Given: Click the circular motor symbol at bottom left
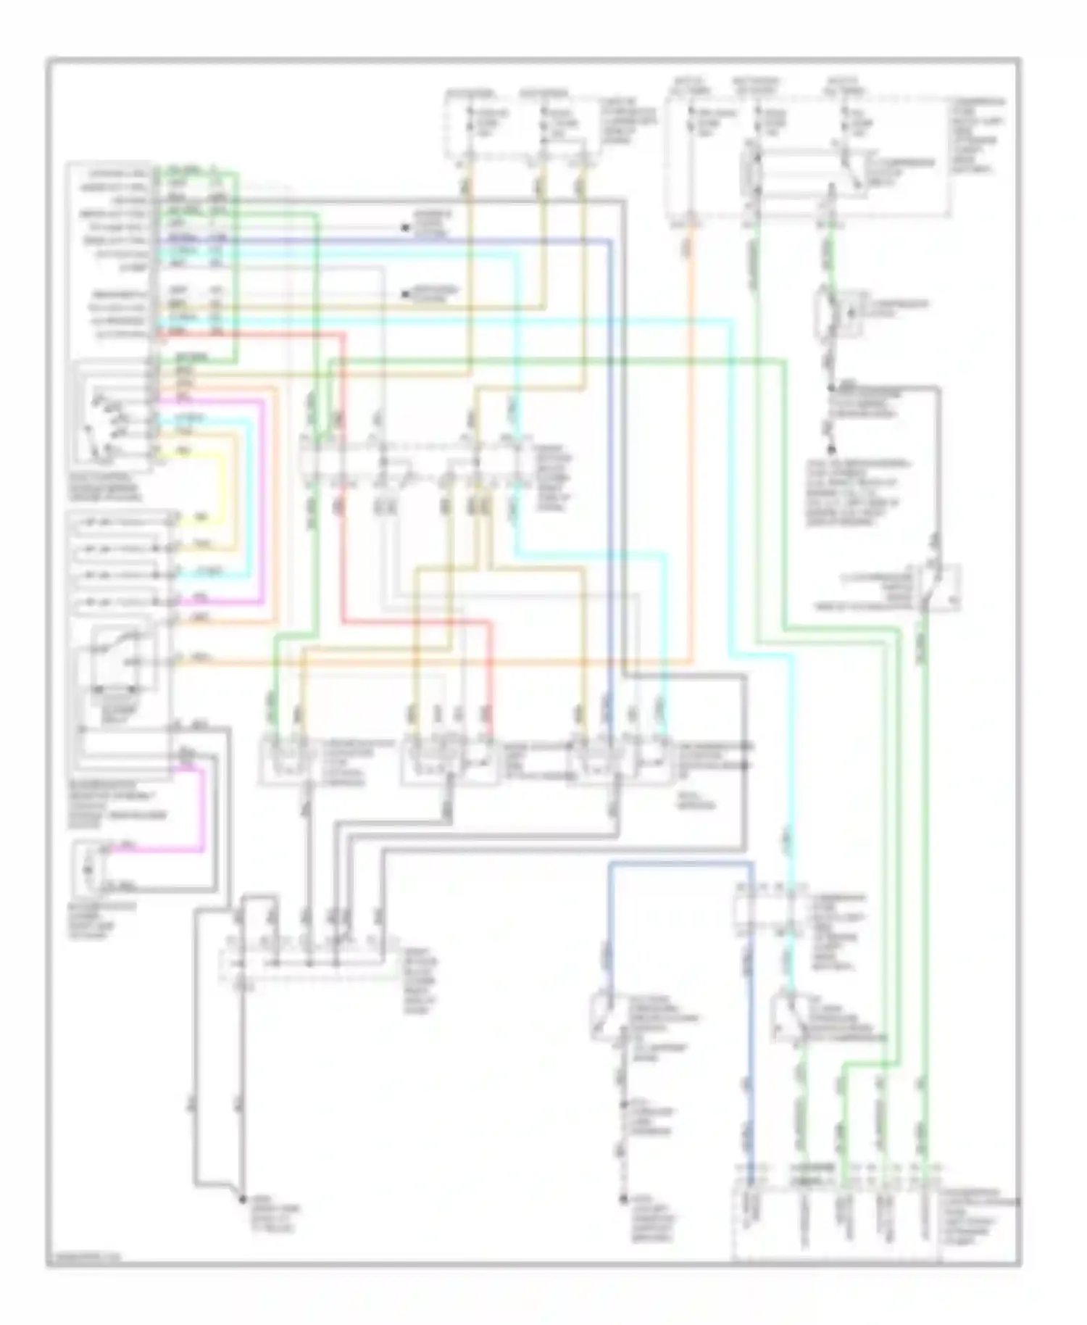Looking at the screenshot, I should pyautogui.click(x=88, y=868).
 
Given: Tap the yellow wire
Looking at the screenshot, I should pyautogui.click(x=222, y=478).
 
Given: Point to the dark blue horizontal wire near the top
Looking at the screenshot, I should pyautogui.click(x=435, y=240).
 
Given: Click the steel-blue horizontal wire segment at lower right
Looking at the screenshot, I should pyautogui.click(x=681, y=863).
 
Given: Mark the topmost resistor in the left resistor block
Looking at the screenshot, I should pyautogui.click(x=116, y=520).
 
